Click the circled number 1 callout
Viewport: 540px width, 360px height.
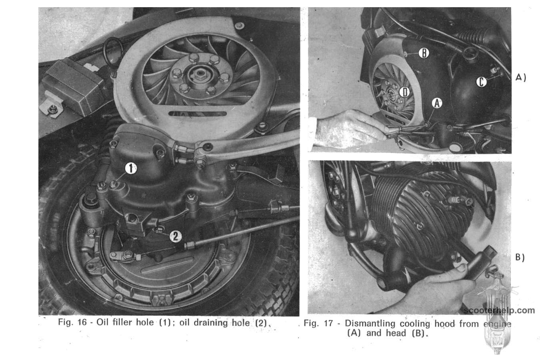point(131,168)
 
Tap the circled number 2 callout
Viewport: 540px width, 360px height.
point(176,236)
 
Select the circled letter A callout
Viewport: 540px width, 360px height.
point(437,103)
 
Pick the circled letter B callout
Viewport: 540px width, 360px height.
point(424,53)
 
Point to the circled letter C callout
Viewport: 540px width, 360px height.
point(482,82)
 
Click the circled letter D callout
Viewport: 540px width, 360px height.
point(404,92)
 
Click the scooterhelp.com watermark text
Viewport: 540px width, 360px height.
point(499,310)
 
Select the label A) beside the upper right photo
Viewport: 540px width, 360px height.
point(521,78)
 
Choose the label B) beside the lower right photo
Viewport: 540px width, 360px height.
point(520,258)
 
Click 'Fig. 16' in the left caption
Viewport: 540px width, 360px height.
point(72,322)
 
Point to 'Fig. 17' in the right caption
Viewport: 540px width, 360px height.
point(318,323)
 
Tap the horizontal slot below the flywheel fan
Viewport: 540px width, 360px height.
point(198,114)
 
